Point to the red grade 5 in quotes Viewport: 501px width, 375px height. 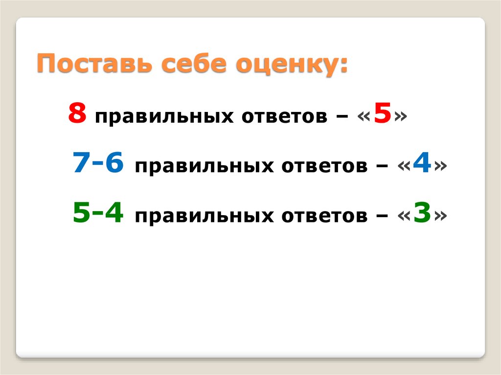click(383, 114)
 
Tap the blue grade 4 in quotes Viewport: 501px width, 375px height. click(422, 164)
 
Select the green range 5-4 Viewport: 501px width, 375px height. click(98, 214)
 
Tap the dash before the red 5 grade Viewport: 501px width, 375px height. click(343, 117)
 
